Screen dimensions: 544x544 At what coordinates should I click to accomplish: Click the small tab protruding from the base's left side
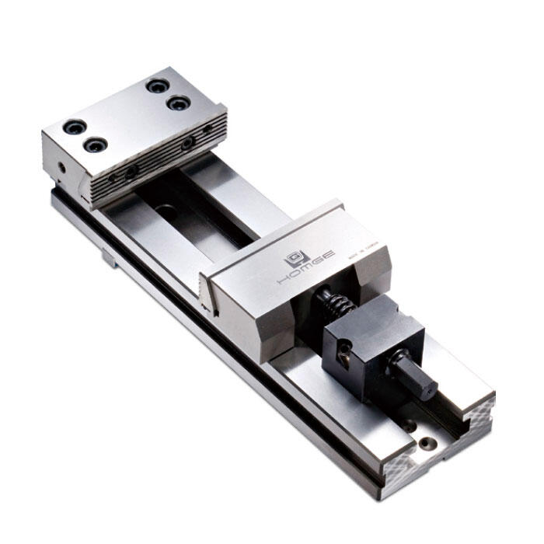(x=109, y=258)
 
